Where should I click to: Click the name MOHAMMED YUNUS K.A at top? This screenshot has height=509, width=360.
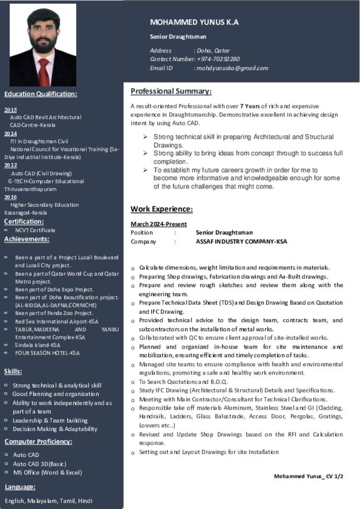point(194,22)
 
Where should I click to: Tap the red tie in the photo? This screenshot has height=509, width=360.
point(44,73)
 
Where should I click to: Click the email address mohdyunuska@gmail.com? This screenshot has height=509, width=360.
point(232,68)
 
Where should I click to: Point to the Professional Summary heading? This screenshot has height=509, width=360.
point(171,91)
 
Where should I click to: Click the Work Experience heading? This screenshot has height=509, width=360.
point(162,209)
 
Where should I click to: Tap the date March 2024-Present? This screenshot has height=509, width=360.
point(159,224)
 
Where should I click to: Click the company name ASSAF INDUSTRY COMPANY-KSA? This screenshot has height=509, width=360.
point(241,242)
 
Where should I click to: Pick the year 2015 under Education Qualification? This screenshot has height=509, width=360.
point(10,110)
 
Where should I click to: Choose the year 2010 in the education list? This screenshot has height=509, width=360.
point(10,197)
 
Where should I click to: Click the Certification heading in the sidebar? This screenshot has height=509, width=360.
point(24,221)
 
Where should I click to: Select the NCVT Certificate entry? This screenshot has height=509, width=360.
point(35,230)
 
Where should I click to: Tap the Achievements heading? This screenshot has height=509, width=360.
point(27,239)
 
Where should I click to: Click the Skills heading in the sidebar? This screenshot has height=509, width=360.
point(13,371)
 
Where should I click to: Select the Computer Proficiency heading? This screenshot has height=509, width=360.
point(38,441)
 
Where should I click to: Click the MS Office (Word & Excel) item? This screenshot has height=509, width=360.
point(47,472)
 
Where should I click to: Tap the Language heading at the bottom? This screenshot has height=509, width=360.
point(20,487)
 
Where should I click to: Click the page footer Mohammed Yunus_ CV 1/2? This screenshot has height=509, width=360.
point(308,476)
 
